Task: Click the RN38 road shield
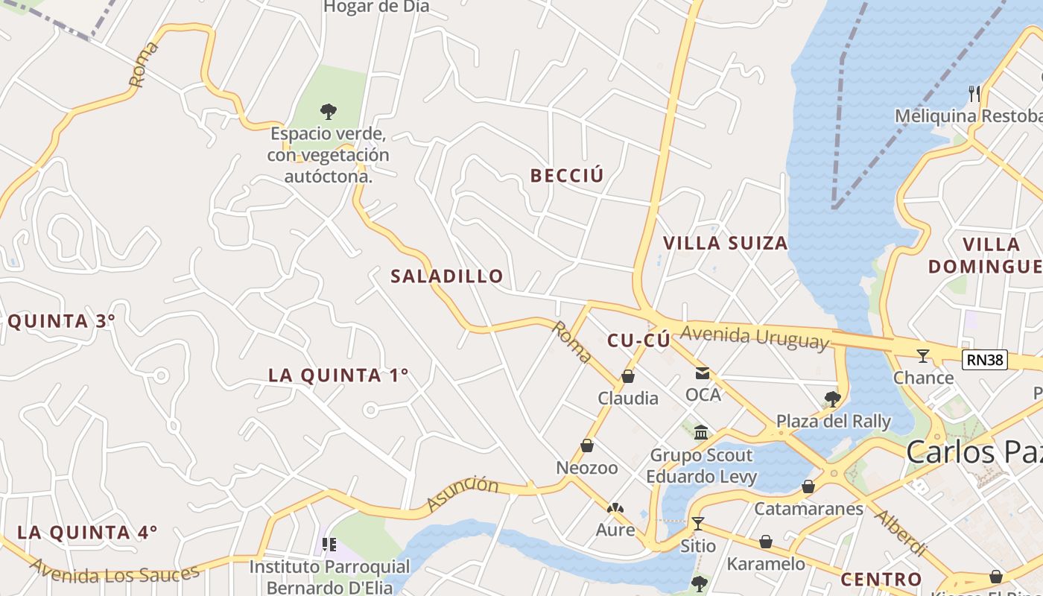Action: point(984,361)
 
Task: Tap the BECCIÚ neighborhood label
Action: point(567,176)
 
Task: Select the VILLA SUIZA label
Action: point(725,243)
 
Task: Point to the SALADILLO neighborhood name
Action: point(447,276)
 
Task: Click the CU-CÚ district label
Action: point(638,340)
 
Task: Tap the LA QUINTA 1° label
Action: point(338,375)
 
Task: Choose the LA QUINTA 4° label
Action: point(87,532)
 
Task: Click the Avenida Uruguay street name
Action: point(754,337)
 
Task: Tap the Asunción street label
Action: point(463,493)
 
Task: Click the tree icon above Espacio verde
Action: point(328,112)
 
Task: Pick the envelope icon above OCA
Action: point(703,372)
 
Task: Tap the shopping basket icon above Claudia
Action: point(628,377)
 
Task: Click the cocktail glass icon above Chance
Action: point(923,356)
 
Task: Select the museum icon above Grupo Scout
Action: point(701,433)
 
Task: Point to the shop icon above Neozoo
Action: point(587,446)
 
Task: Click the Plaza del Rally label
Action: point(834,421)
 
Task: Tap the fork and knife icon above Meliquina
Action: point(974,93)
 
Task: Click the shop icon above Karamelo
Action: point(766,542)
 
